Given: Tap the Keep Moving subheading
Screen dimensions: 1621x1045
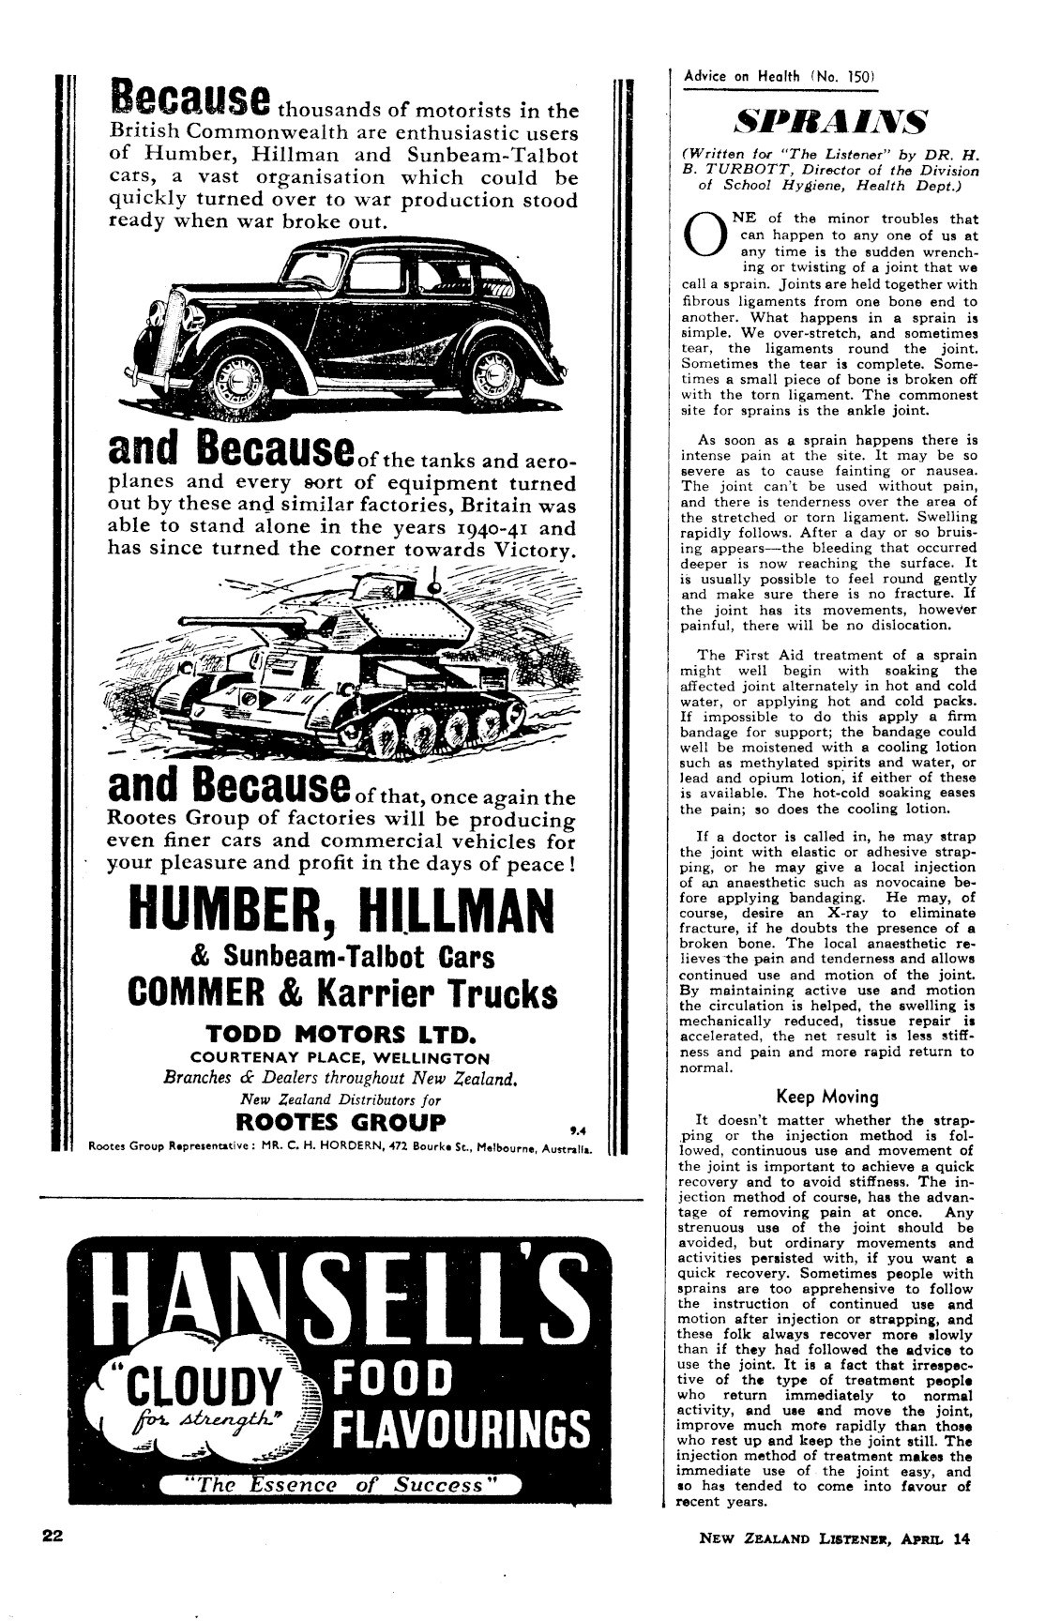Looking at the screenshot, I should point(826,1097).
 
